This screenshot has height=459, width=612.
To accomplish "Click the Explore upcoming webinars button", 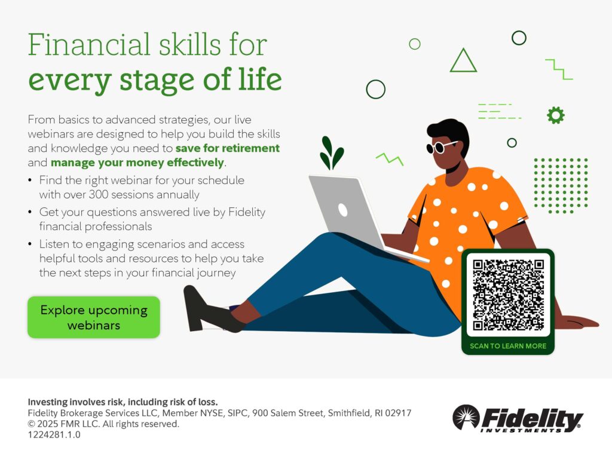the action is pos(94,317).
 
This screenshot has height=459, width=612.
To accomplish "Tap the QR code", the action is pos(508,295).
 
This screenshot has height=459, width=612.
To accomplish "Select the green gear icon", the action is pos(555,115).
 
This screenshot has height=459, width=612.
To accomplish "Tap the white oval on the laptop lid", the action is pos(342,210).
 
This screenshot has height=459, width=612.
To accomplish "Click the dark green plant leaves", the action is pos(331,153).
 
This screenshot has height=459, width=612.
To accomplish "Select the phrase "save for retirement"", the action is pos(228,148).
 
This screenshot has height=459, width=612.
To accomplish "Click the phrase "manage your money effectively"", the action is pos(137,163).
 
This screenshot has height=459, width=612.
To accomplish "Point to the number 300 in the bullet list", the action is pos(99,194).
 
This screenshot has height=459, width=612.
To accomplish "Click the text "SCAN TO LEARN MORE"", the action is pos(508,346).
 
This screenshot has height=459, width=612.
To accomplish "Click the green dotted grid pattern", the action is pos(561,186).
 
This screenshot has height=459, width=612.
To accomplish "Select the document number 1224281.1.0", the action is pos(54,435).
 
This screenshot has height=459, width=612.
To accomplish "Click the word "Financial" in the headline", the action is pos(89,44).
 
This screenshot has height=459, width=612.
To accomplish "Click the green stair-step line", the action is pos(559,69).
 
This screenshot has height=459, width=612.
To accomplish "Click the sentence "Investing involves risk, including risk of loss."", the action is pos(123,402).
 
